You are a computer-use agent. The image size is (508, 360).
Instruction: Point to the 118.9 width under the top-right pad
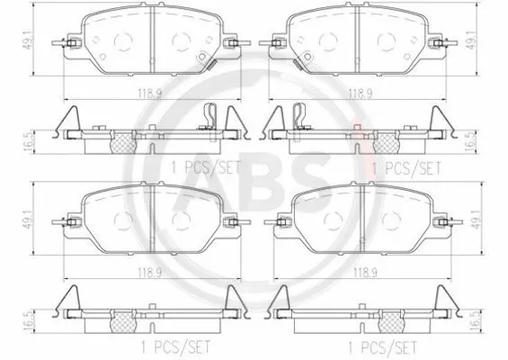point(361,93)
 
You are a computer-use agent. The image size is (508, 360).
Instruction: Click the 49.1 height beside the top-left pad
point(36,40)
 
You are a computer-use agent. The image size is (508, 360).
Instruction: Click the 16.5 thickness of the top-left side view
point(36,139)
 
